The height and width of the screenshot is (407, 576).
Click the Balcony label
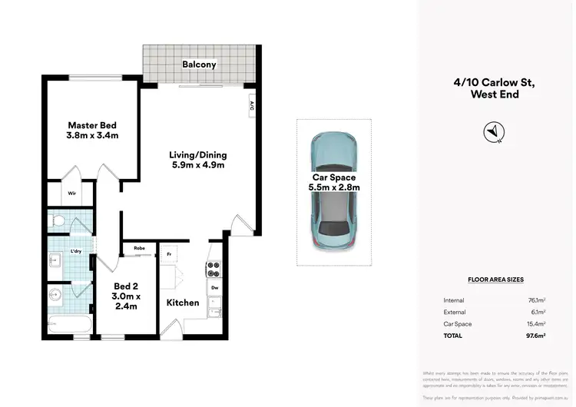(x=197, y=65)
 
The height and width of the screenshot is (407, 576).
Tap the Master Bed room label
(x=92, y=131)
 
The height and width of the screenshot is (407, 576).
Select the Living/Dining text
(x=198, y=160)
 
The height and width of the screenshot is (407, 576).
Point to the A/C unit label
(x=251, y=107)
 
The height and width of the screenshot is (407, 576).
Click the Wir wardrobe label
(x=71, y=194)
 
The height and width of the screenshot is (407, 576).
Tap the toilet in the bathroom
(x=58, y=221)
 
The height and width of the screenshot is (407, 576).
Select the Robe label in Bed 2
(x=140, y=248)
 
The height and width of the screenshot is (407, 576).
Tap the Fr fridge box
(x=168, y=253)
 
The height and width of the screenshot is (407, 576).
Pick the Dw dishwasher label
(x=214, y=288)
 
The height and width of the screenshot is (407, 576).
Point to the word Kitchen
(x=183, y=303)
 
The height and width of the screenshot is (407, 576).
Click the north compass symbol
(x=492, y=133)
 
